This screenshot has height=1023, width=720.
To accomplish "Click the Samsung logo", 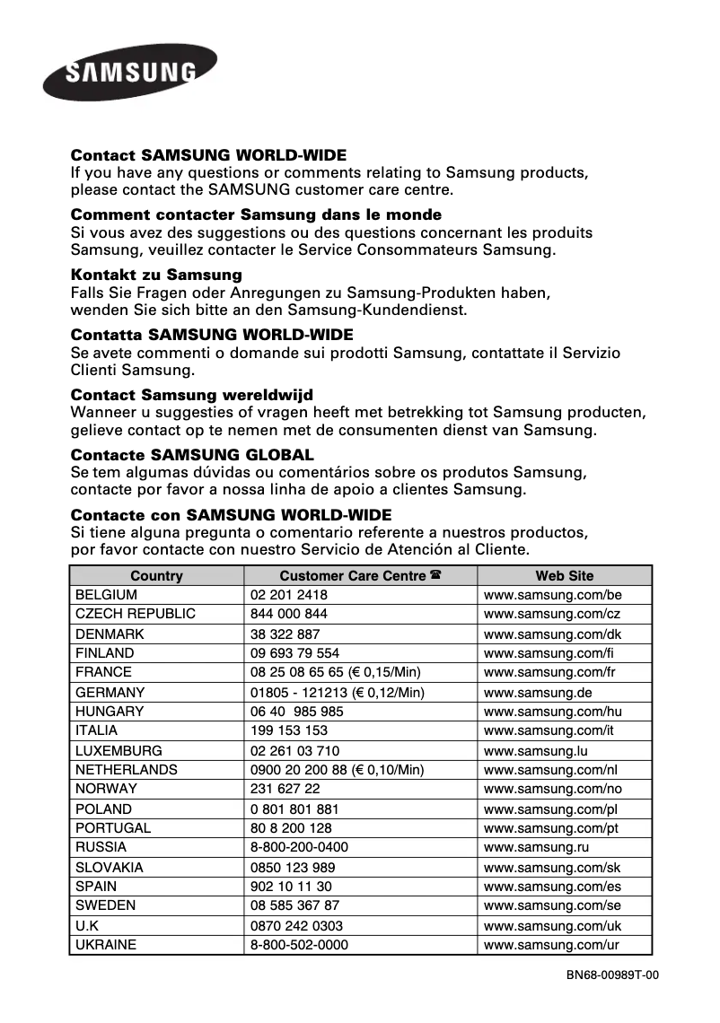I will (129, 72).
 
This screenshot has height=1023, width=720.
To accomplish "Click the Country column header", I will (156, 576).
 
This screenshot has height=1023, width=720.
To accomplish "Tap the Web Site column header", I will (565, 576).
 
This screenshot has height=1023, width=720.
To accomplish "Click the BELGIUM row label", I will (106, 595).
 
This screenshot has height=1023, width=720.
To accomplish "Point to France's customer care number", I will (335, 672).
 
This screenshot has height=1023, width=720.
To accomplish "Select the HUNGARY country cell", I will (110, 712).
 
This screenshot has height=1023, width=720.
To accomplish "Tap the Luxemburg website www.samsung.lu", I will (536, 750).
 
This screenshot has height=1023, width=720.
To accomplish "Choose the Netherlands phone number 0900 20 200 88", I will (337, 770).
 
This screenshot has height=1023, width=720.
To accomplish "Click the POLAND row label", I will (103, 809).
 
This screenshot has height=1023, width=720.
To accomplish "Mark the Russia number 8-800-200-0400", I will (299, 847).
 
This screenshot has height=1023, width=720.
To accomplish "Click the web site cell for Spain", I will (552, 887).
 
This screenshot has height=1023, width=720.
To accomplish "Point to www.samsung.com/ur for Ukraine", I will (551, 945).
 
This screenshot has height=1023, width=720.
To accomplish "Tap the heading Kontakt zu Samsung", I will (156, 275).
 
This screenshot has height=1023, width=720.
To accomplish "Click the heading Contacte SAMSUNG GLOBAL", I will (192, 455).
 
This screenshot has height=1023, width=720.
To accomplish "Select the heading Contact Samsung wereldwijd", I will (191, 395).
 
